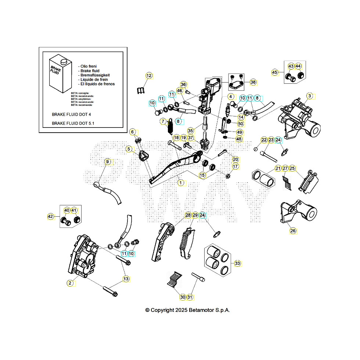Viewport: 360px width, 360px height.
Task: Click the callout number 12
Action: coord(149,76)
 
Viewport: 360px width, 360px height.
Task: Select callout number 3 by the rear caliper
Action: coord(310,96)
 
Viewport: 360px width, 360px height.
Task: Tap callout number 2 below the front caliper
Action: coord(70,282)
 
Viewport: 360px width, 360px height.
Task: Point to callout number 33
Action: coord(237,263)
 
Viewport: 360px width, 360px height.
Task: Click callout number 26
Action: coord(293,231)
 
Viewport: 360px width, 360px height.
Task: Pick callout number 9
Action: coord(107,162)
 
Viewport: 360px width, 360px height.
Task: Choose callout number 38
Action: coord(253,82)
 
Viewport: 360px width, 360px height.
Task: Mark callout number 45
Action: coord(274,72)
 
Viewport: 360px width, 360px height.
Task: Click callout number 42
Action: coord(51,217)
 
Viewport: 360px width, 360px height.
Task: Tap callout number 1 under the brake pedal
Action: coord(180,182)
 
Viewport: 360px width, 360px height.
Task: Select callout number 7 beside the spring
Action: coord(163,121)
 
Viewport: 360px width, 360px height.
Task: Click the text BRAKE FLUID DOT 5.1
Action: coord(73,124)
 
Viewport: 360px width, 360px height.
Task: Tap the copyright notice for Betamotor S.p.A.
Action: coord(187,310)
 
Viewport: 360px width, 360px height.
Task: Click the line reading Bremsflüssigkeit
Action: coord(94,75)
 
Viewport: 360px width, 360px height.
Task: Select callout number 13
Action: coord(126,279)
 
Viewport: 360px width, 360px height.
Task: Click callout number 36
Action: coord(183,84)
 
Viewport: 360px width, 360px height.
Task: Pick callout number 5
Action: coord(129,149)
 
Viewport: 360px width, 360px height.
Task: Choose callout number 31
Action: coord(190,297)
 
